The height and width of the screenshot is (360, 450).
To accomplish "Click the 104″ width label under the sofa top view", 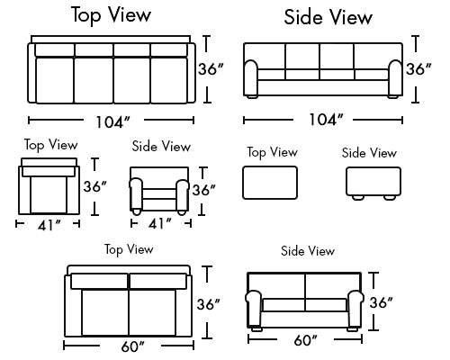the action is click(112, 122).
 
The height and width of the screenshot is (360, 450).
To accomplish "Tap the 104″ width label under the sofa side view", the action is click(326, 120).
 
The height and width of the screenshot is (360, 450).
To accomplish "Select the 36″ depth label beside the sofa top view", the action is click(211, 69).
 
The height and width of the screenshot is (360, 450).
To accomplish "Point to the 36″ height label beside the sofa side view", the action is click(418, 69).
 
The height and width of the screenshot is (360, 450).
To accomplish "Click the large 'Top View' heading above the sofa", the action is click(111, 14).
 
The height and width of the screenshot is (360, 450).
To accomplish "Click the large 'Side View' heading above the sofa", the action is click(328, 17).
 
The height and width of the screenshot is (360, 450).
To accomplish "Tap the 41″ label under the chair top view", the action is click(49, 226).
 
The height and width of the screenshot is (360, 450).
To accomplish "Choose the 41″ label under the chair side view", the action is click(160, 224).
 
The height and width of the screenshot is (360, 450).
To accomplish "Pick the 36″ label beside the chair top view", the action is click(94, 186).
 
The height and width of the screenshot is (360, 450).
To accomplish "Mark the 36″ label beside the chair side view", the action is click(203, 190).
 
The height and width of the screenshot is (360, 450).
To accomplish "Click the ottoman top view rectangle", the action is click(270, 183).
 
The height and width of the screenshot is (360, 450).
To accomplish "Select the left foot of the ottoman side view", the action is click(358, 198).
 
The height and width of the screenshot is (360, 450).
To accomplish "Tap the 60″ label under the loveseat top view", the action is click(132, 346).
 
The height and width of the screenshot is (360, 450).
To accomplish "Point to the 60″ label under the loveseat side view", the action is click(305, 340).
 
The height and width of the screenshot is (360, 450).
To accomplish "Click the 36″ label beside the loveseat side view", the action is click(381, 302).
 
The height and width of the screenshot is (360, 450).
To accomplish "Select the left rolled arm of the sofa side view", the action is click(251, 78).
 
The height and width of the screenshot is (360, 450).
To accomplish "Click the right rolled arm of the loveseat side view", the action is click(355, 309).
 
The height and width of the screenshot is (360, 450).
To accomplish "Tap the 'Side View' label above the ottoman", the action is click(369, 153).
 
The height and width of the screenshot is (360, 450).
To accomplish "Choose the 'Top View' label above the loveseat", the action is click(129, 249).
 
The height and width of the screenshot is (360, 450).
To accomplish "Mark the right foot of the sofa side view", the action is click(392, 97).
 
